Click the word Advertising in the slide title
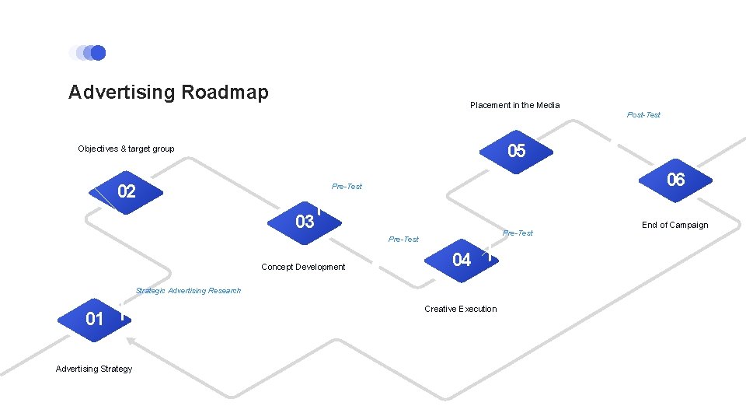122,93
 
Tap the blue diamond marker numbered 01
94,319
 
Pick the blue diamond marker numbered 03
305,222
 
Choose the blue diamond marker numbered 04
462,260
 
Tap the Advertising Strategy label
94,369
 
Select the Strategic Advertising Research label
188,291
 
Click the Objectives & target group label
126,149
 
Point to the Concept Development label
303,267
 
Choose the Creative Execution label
460,309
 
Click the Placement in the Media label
514,105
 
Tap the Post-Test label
643,115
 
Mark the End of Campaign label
675,226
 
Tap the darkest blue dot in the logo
98,53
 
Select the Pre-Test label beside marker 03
347,187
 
